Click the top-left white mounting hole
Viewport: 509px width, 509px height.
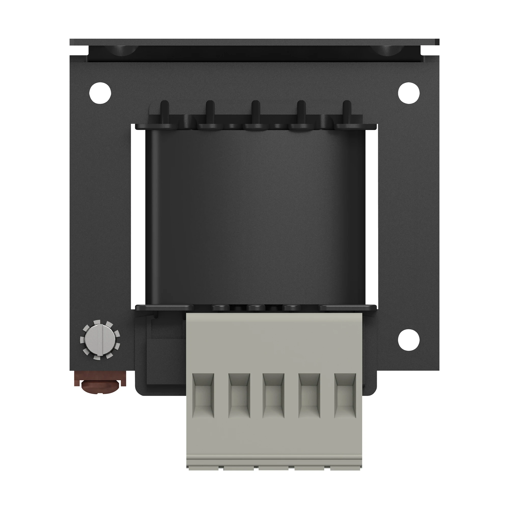[100, 93]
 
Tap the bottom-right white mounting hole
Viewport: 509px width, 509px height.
[409, 340]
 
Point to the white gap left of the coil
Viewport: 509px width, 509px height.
[138, 216]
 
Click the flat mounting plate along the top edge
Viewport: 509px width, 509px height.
[254, 42]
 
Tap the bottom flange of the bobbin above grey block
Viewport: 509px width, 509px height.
[163, 308]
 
